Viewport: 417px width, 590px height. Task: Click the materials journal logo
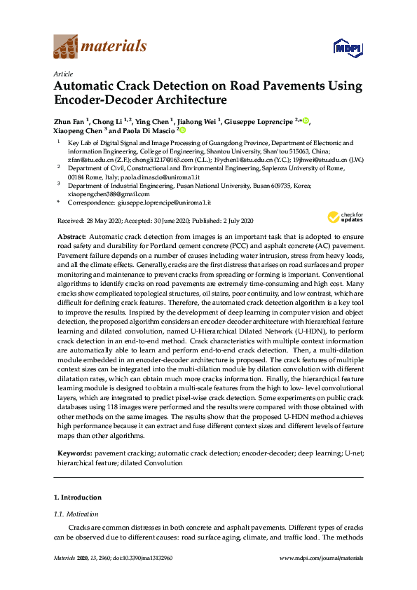(x=100, y=47)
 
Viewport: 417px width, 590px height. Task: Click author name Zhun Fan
(x=69, y=121)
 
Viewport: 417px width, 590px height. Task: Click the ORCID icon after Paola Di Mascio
(x=182, y=130)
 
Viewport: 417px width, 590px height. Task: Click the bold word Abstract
(x=71, y=238)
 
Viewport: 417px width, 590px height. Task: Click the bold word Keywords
(x=74, y=454)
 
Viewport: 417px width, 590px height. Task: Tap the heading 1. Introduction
(x=77, y=497)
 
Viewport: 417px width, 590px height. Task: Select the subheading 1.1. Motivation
(x=75, y=514)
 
